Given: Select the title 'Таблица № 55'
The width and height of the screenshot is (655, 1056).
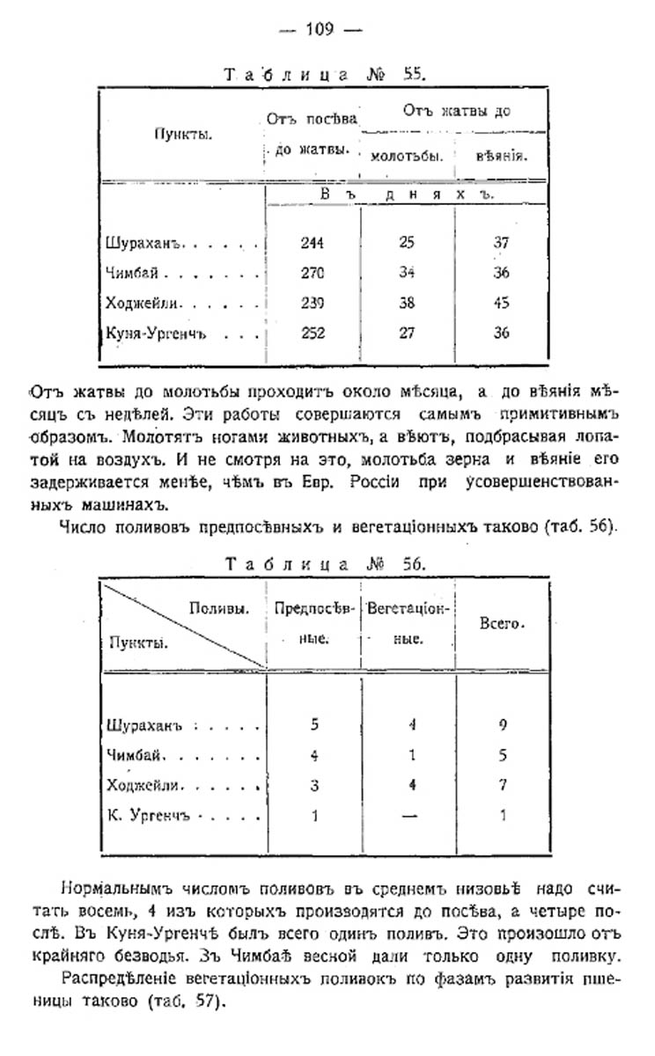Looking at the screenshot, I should [x=326, y=75].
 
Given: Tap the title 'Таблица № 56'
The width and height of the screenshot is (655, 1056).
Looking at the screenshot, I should [x=326, y=564].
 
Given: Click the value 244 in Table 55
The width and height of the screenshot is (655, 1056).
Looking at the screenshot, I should [x=312, y=243].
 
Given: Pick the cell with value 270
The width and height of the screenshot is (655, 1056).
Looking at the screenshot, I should [x=312, y=273].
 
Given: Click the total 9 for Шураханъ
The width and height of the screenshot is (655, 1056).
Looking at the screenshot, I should [x=502, y=726].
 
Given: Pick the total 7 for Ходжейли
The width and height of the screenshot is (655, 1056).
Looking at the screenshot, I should [x=502, y=786].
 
